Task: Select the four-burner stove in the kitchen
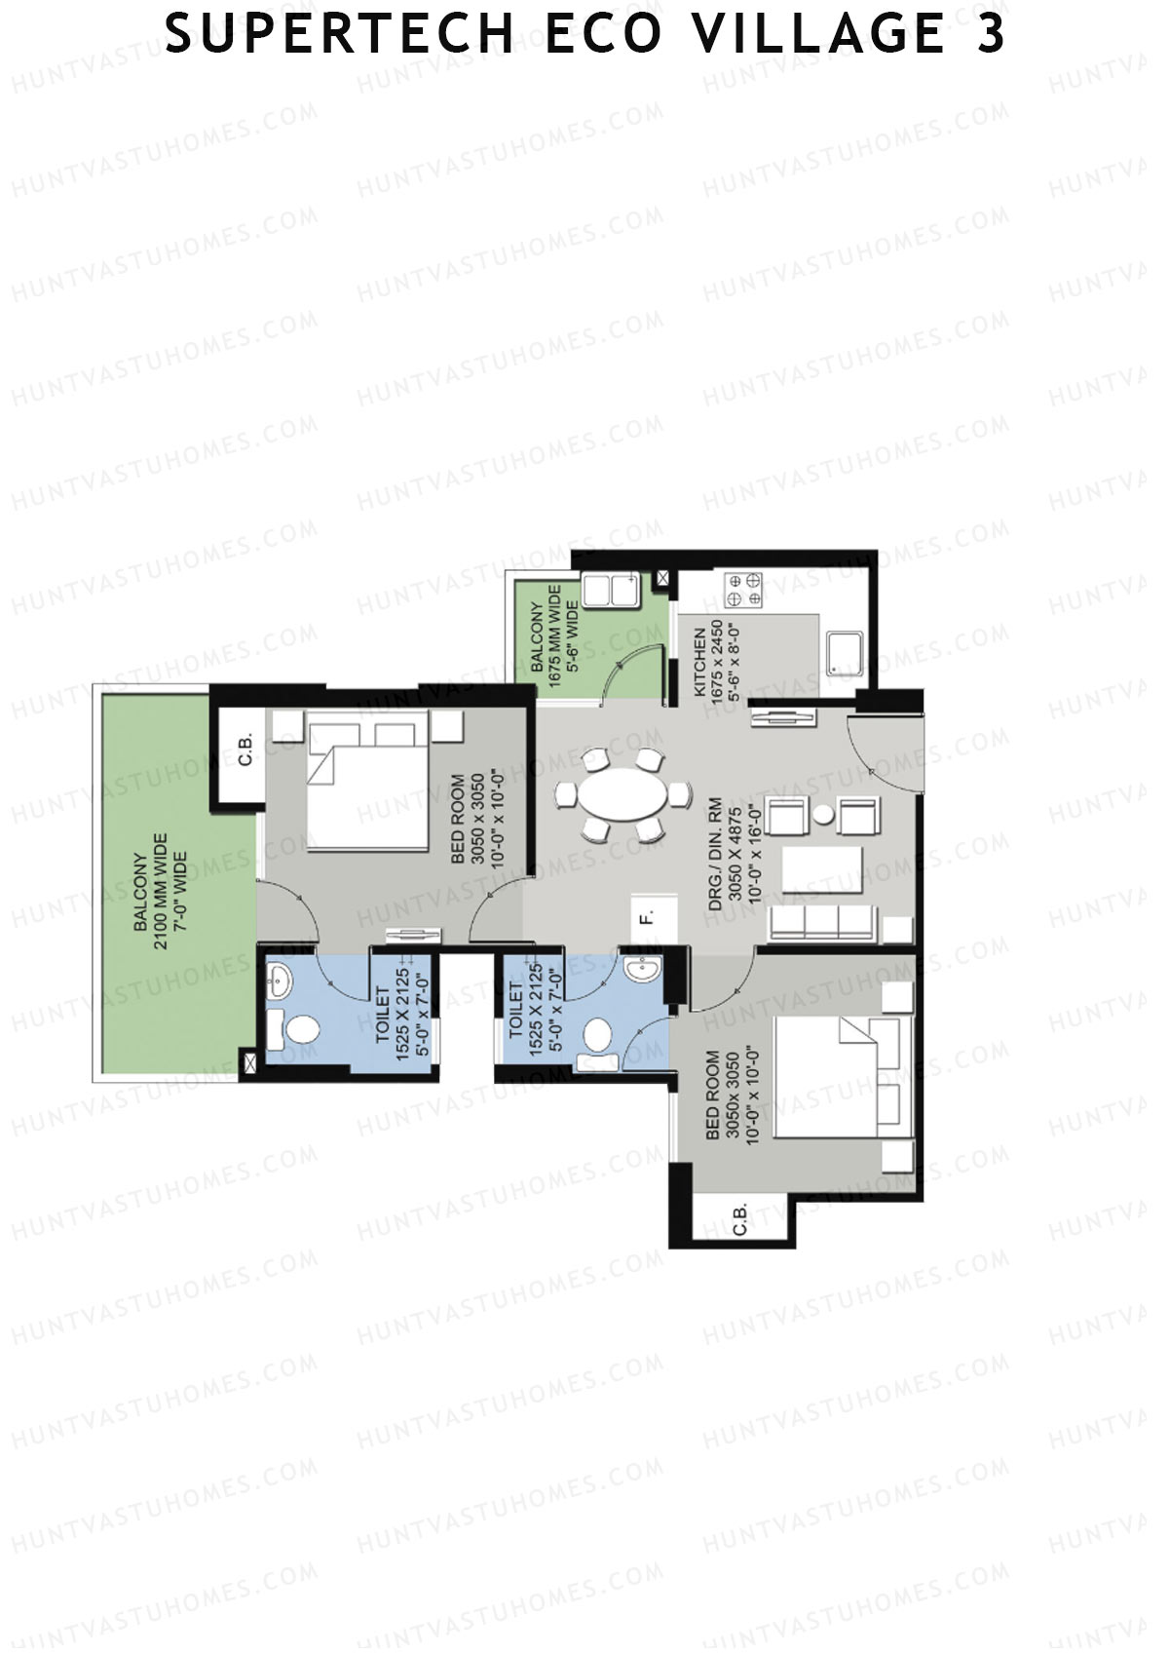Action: (x=743, y=590)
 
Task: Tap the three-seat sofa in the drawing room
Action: (x=823, y=923)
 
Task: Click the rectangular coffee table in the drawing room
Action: (x=823, y=869)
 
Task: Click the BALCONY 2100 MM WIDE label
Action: (x=160, y=891)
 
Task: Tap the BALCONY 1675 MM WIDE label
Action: (x=555, y=635)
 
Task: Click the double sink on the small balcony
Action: (x=611, y=590)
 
